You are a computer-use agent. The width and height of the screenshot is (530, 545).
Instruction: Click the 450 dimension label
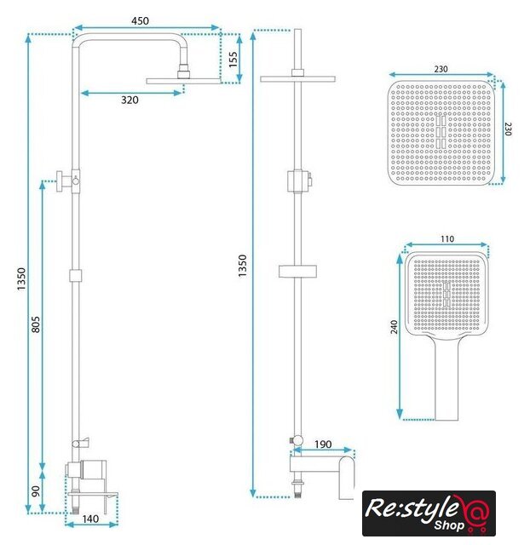click(x=140, y=20)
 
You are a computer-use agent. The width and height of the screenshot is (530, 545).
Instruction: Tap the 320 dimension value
click(x=130, y=100)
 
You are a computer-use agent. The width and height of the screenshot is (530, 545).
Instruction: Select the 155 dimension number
click(x=233, y=59)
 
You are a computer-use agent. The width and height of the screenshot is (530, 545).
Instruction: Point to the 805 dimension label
click(x=36, y=324)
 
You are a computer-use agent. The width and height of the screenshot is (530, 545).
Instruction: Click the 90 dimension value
click(x=36, y=491)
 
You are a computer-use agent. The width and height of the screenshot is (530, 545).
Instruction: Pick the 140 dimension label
click(x=90, y=519)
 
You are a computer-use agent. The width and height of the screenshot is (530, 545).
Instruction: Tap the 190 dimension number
click(x=323, y=445)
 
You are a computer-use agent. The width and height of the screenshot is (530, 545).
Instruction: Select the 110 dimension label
click(x=447, y=239)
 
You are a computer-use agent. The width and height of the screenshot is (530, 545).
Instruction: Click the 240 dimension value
click(x=394, y=327)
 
